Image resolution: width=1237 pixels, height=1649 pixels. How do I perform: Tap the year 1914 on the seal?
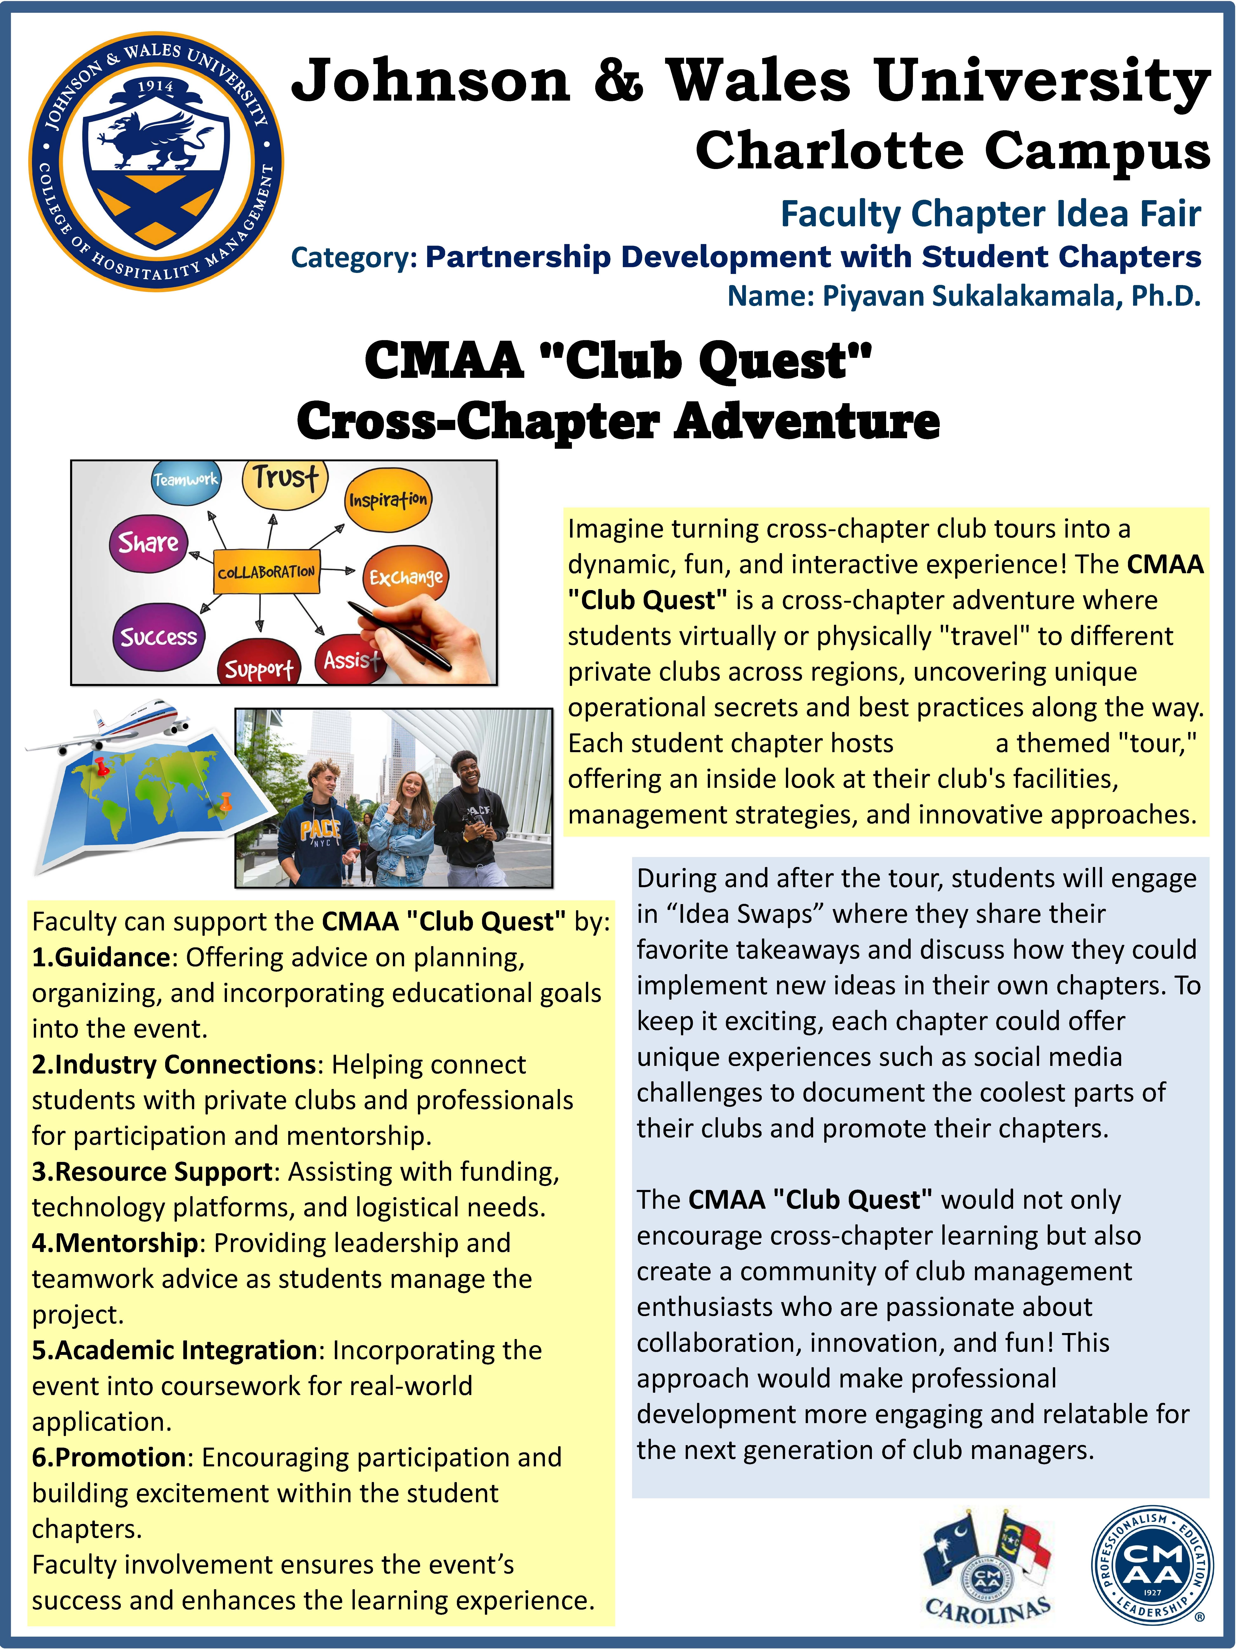point(155,87)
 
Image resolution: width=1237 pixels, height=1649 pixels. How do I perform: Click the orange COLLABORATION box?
point(266,572)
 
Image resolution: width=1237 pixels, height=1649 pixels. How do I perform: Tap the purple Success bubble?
point(159,636)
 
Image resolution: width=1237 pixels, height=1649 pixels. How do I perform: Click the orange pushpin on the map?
point(225,803)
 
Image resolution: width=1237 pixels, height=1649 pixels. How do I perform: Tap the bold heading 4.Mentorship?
point(115,1243)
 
